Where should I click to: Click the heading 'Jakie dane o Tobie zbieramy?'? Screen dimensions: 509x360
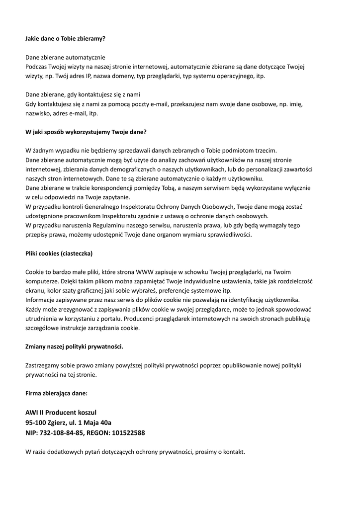click(65, 38)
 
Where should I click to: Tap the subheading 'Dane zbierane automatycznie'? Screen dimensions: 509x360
click(65, 57)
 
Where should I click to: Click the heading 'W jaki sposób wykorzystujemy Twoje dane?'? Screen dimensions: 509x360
click(86, 132)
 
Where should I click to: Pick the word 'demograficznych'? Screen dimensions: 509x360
click(112, 169)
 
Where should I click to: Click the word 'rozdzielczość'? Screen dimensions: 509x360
click(292, 281)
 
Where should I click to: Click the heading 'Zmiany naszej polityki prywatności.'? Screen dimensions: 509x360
click(75, 346)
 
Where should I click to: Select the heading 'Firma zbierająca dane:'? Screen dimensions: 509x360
click(56, 393)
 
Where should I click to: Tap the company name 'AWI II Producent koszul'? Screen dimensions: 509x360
click(61, 412)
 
